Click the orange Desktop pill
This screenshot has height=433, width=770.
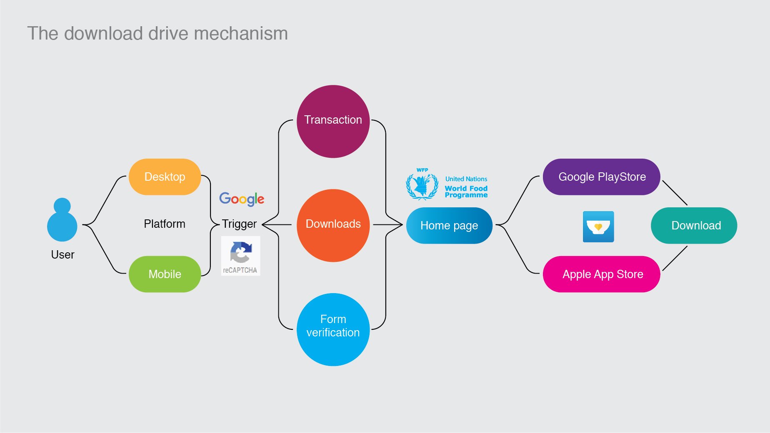point(165,177)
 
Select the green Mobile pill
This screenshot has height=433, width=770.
point(165,274)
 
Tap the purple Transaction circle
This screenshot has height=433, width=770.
point(333,122)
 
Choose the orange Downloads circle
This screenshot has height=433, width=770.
point(333,226)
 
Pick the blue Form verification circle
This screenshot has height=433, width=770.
point(333,330)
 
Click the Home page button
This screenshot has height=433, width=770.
point(449,226)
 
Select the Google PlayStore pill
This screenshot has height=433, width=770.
point(602,177)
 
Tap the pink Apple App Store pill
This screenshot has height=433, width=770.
point(602,274)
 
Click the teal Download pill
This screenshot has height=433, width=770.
point(694,226)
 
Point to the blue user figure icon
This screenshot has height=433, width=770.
point(62,219)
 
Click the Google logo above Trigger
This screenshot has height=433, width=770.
point(242,199)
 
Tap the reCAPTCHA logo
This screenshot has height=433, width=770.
point(240,256)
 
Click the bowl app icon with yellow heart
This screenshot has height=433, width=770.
point(598,226)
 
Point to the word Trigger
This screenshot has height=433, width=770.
point(239,224)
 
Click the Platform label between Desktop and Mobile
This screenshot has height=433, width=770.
point(165,224)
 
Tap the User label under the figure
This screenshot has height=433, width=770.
point(62,254)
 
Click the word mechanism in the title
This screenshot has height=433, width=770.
point(241,33)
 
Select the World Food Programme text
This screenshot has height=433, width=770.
point(466,192)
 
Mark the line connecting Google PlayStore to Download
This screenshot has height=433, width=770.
point(675,193)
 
